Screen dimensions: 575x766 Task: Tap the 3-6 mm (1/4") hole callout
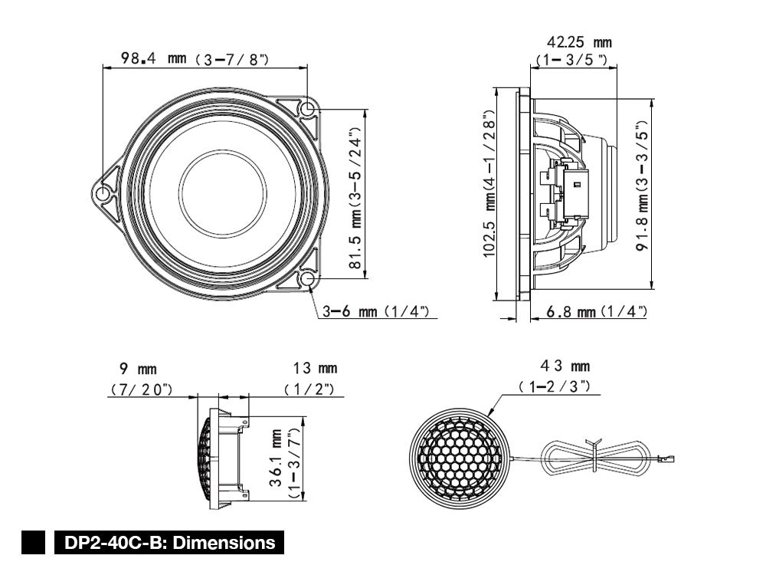[380, 312]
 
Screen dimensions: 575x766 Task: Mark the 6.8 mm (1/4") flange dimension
[597, 311]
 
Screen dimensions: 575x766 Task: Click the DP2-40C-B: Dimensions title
[169, 543]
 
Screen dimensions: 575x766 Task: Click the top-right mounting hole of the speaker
[308, 110]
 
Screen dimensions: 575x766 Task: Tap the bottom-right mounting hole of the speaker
[308, 279]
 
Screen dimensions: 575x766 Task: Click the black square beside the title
[36, 543]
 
